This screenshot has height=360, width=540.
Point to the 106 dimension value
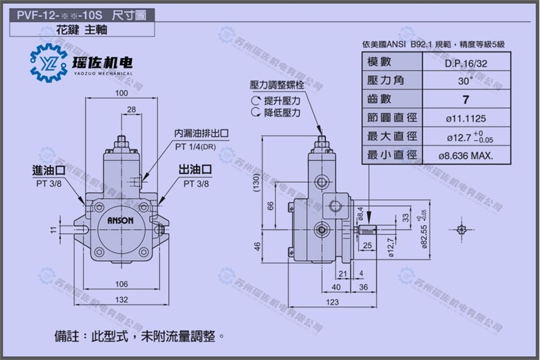(x=121, y=283)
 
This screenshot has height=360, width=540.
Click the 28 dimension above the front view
(x=132, y=110)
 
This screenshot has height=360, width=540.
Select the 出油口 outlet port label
(x=195, y=170)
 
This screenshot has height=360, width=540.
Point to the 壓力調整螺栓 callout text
(x=276, y=84)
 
